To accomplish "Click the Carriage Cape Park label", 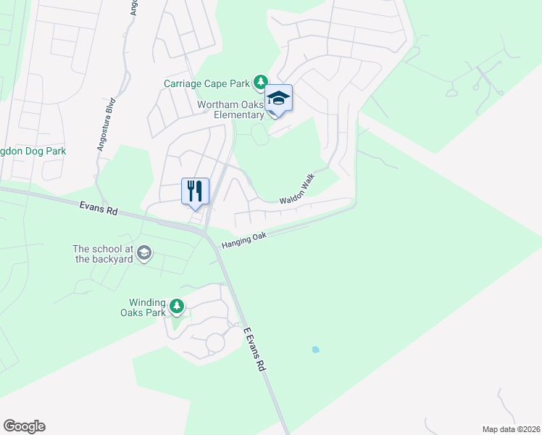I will pos(207,83).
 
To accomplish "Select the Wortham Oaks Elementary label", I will pos(231,109).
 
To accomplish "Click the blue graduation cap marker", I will pos(278,99).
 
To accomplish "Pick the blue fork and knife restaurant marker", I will pos(195,191).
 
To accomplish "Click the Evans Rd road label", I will pos(98,209).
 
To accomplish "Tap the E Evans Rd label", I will pos(254,349).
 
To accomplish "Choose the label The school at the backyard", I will pos(102,253).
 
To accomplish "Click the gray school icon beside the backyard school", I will pos(143,252).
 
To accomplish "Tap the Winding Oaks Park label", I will pos(148,307).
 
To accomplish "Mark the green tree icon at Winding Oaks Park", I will pos(177,307).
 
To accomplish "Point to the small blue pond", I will pos(315,349).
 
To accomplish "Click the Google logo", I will pos(24,426).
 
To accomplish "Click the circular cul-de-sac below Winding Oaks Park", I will pos(215,343).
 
